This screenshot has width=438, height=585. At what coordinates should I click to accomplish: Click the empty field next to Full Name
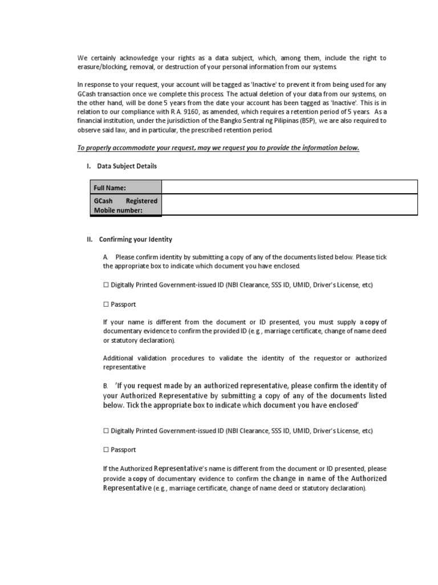(290, 187)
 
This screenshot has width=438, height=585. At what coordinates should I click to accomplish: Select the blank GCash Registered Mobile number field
(290, 205)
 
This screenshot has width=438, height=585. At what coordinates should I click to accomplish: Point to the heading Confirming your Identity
(135, 239)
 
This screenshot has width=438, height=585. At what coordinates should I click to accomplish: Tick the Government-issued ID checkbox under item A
(106, 284)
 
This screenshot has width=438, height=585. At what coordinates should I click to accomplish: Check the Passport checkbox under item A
(106, 304)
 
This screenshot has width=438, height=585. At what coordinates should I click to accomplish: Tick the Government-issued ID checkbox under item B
(106, 430)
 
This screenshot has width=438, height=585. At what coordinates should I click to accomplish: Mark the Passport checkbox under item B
(106, 450)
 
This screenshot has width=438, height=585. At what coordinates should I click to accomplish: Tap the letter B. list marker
(106, 386)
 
